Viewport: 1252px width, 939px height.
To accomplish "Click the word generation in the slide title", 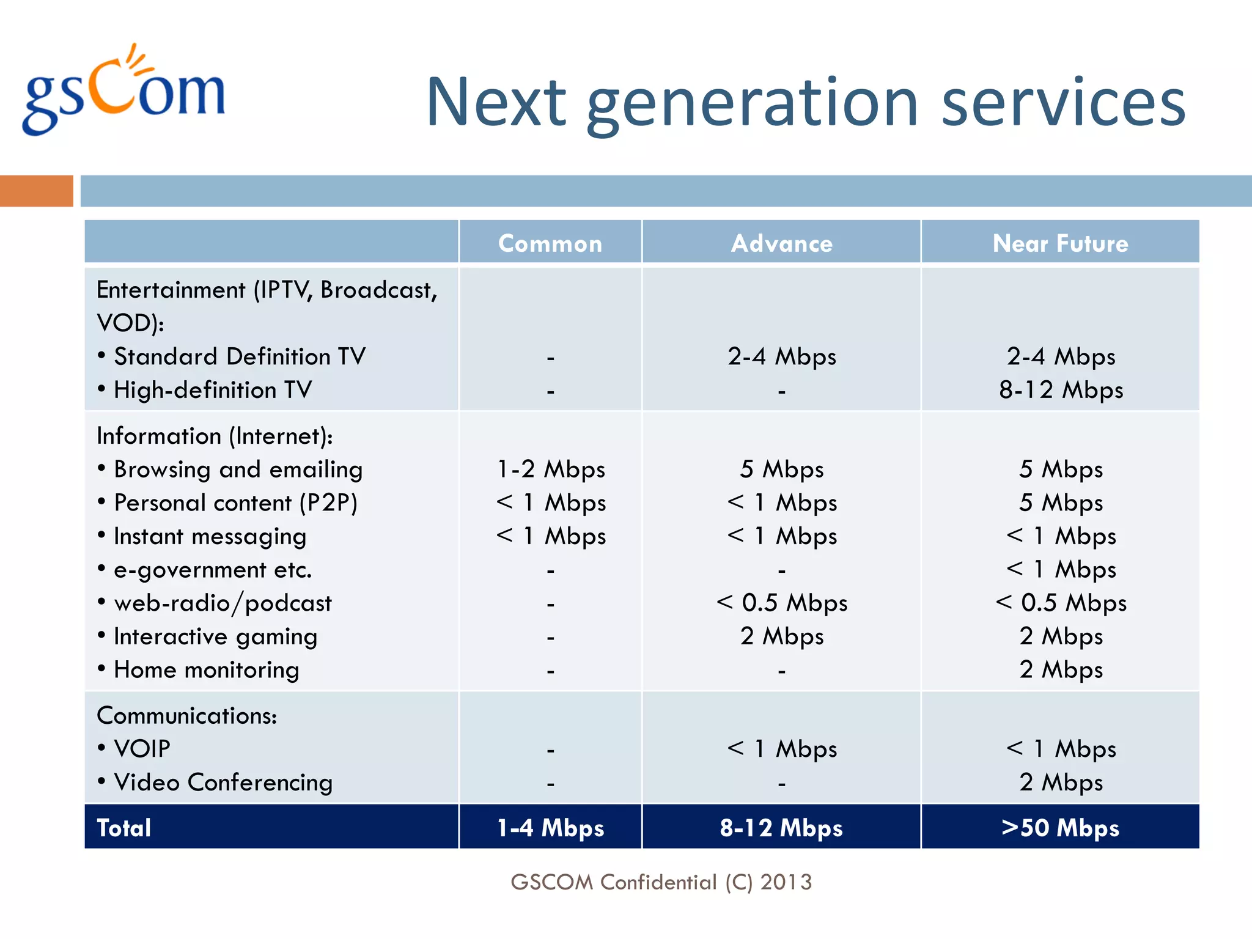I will click(x=753, y=104).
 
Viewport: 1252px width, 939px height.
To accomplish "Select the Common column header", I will click(x=550, y=243).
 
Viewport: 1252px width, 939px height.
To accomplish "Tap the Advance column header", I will click(x=781, y=243).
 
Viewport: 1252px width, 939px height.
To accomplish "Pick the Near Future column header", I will click(x=1060, y=243).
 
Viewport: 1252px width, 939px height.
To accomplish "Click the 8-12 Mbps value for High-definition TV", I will click(x=1061, y=390).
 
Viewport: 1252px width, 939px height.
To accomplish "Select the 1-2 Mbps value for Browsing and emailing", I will click(x=551, y=469).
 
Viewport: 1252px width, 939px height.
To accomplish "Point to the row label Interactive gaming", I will click(x=215, y=636).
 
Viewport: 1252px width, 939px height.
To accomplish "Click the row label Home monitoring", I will click(x=206, y=670).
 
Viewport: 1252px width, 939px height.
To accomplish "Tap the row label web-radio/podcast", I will click(x=223, y=603).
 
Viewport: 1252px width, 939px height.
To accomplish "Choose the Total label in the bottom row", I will click(x=124, y=828).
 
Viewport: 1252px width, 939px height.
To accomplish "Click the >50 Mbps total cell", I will click(x=1060, y=828).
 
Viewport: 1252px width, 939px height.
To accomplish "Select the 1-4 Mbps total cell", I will click(x=550, y=828).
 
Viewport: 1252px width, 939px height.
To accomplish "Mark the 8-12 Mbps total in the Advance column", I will click(x=781, y=828).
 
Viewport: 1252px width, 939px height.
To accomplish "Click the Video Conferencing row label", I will click(x=223, y=782).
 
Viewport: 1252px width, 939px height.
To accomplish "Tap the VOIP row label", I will click(x=142, y=749).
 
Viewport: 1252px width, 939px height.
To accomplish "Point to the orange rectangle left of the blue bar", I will click(x=36, y=191).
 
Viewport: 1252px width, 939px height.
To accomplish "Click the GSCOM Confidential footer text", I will click(x=661, y=882).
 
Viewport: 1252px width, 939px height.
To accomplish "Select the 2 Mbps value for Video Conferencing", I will click(x=1061, y=782).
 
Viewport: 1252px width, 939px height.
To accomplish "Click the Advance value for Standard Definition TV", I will click(x=781, y=356).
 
